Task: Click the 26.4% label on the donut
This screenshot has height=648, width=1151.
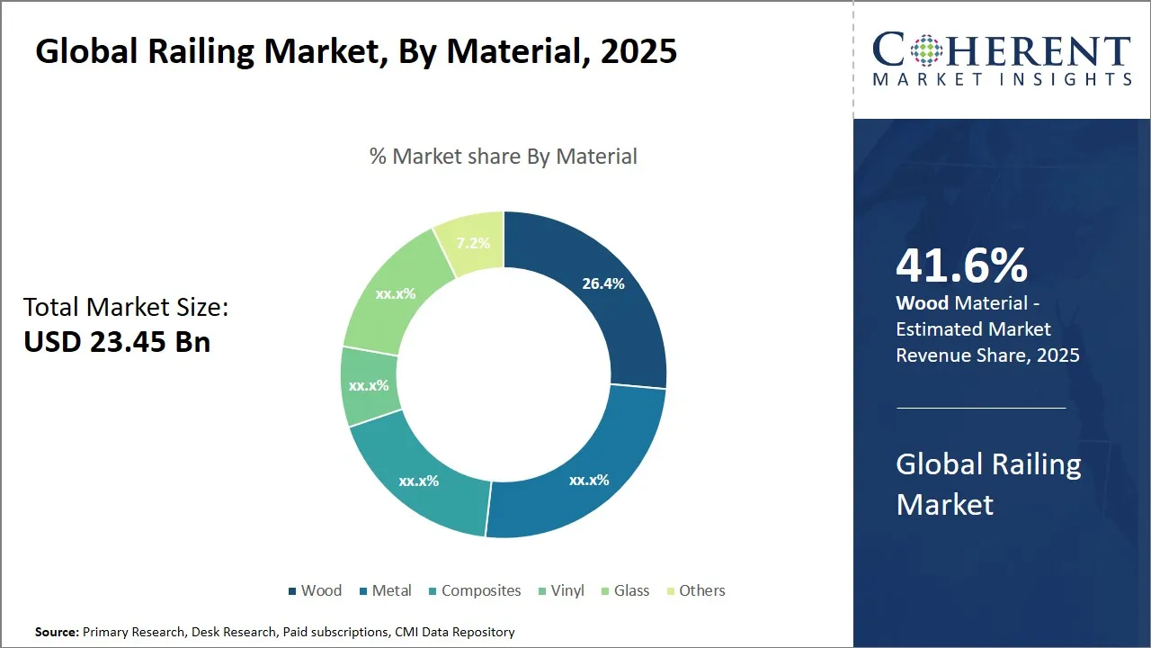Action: click(x=602, y=283)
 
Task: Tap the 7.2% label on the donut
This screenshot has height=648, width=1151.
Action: click(x=473, y=243)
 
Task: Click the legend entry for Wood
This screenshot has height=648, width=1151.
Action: click(x=314, y=590)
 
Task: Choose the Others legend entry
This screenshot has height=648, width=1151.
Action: click(x=695, y=590)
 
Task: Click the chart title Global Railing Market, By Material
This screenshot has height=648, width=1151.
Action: click(x=356, y=51)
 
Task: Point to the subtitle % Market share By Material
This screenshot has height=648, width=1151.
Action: click(x=503, y=156)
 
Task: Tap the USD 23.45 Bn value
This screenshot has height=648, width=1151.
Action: click(x=117, y=342)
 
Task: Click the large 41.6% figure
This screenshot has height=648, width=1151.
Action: click(x=961, y=266)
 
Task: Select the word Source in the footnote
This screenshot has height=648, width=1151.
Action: click(x=57, y=632)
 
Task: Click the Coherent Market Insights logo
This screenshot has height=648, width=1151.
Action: click(x=1002, y=59)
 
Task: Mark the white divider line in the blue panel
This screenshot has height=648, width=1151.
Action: click(x=981, y=408)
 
